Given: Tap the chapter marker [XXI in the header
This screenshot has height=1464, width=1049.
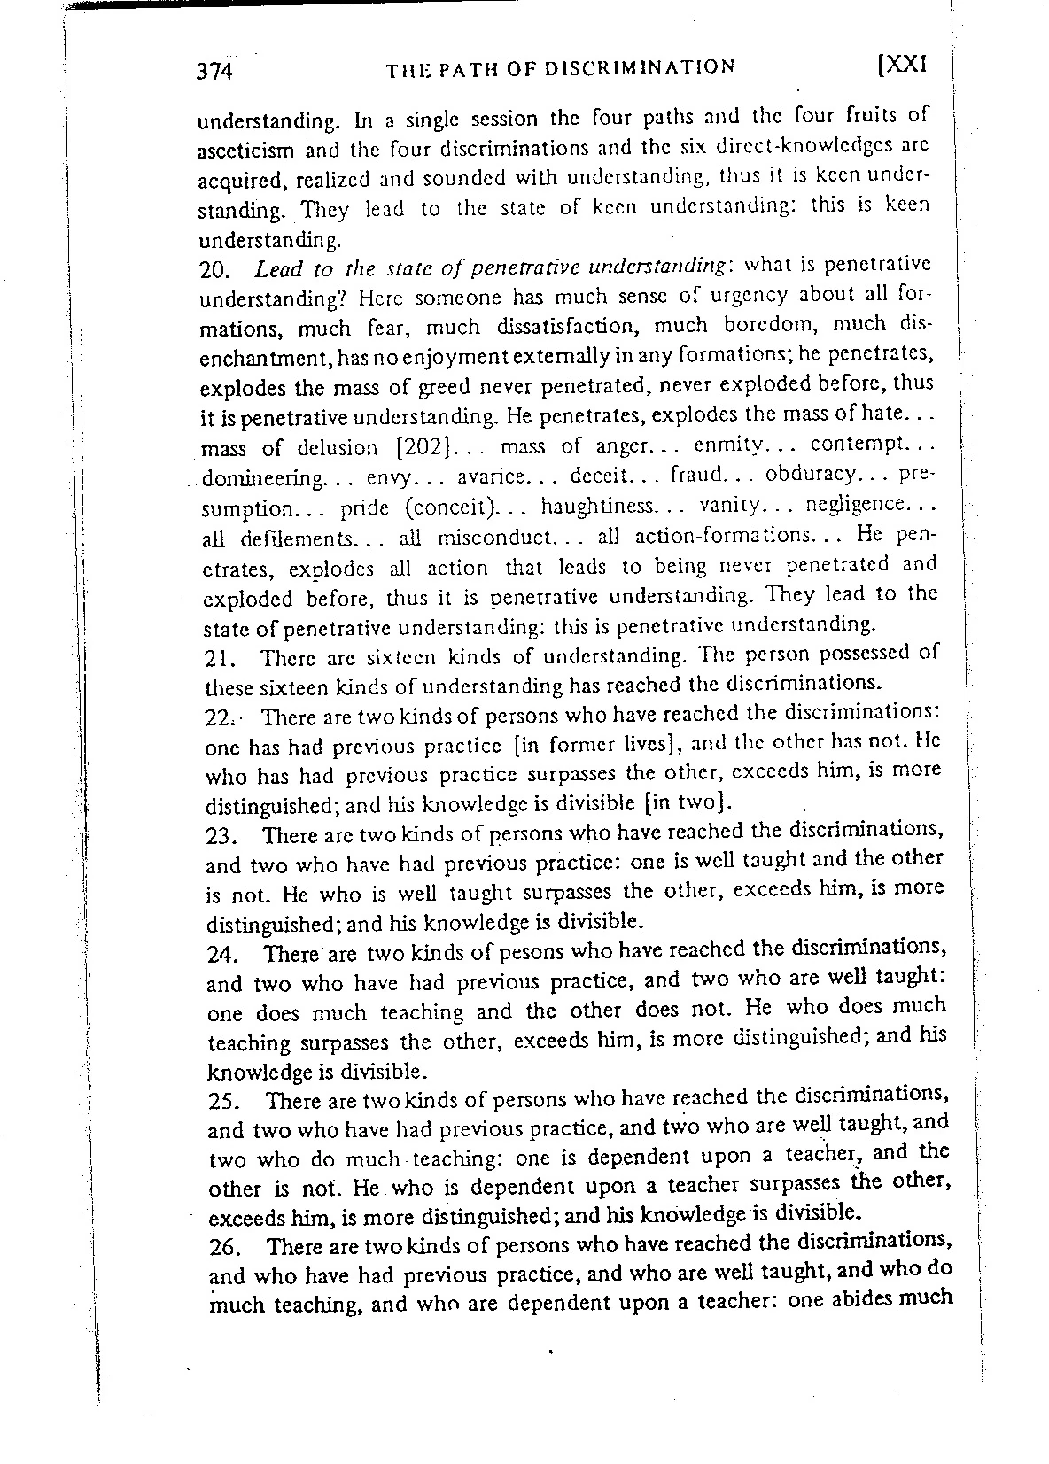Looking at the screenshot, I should click(x=900, y=65).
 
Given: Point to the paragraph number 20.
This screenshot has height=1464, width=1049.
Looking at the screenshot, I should click(x=216, y=271).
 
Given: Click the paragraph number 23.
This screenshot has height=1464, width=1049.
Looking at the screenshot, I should click(x=221, y=837).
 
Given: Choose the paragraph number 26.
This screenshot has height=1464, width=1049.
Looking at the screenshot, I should click(x=225, y=1248).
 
